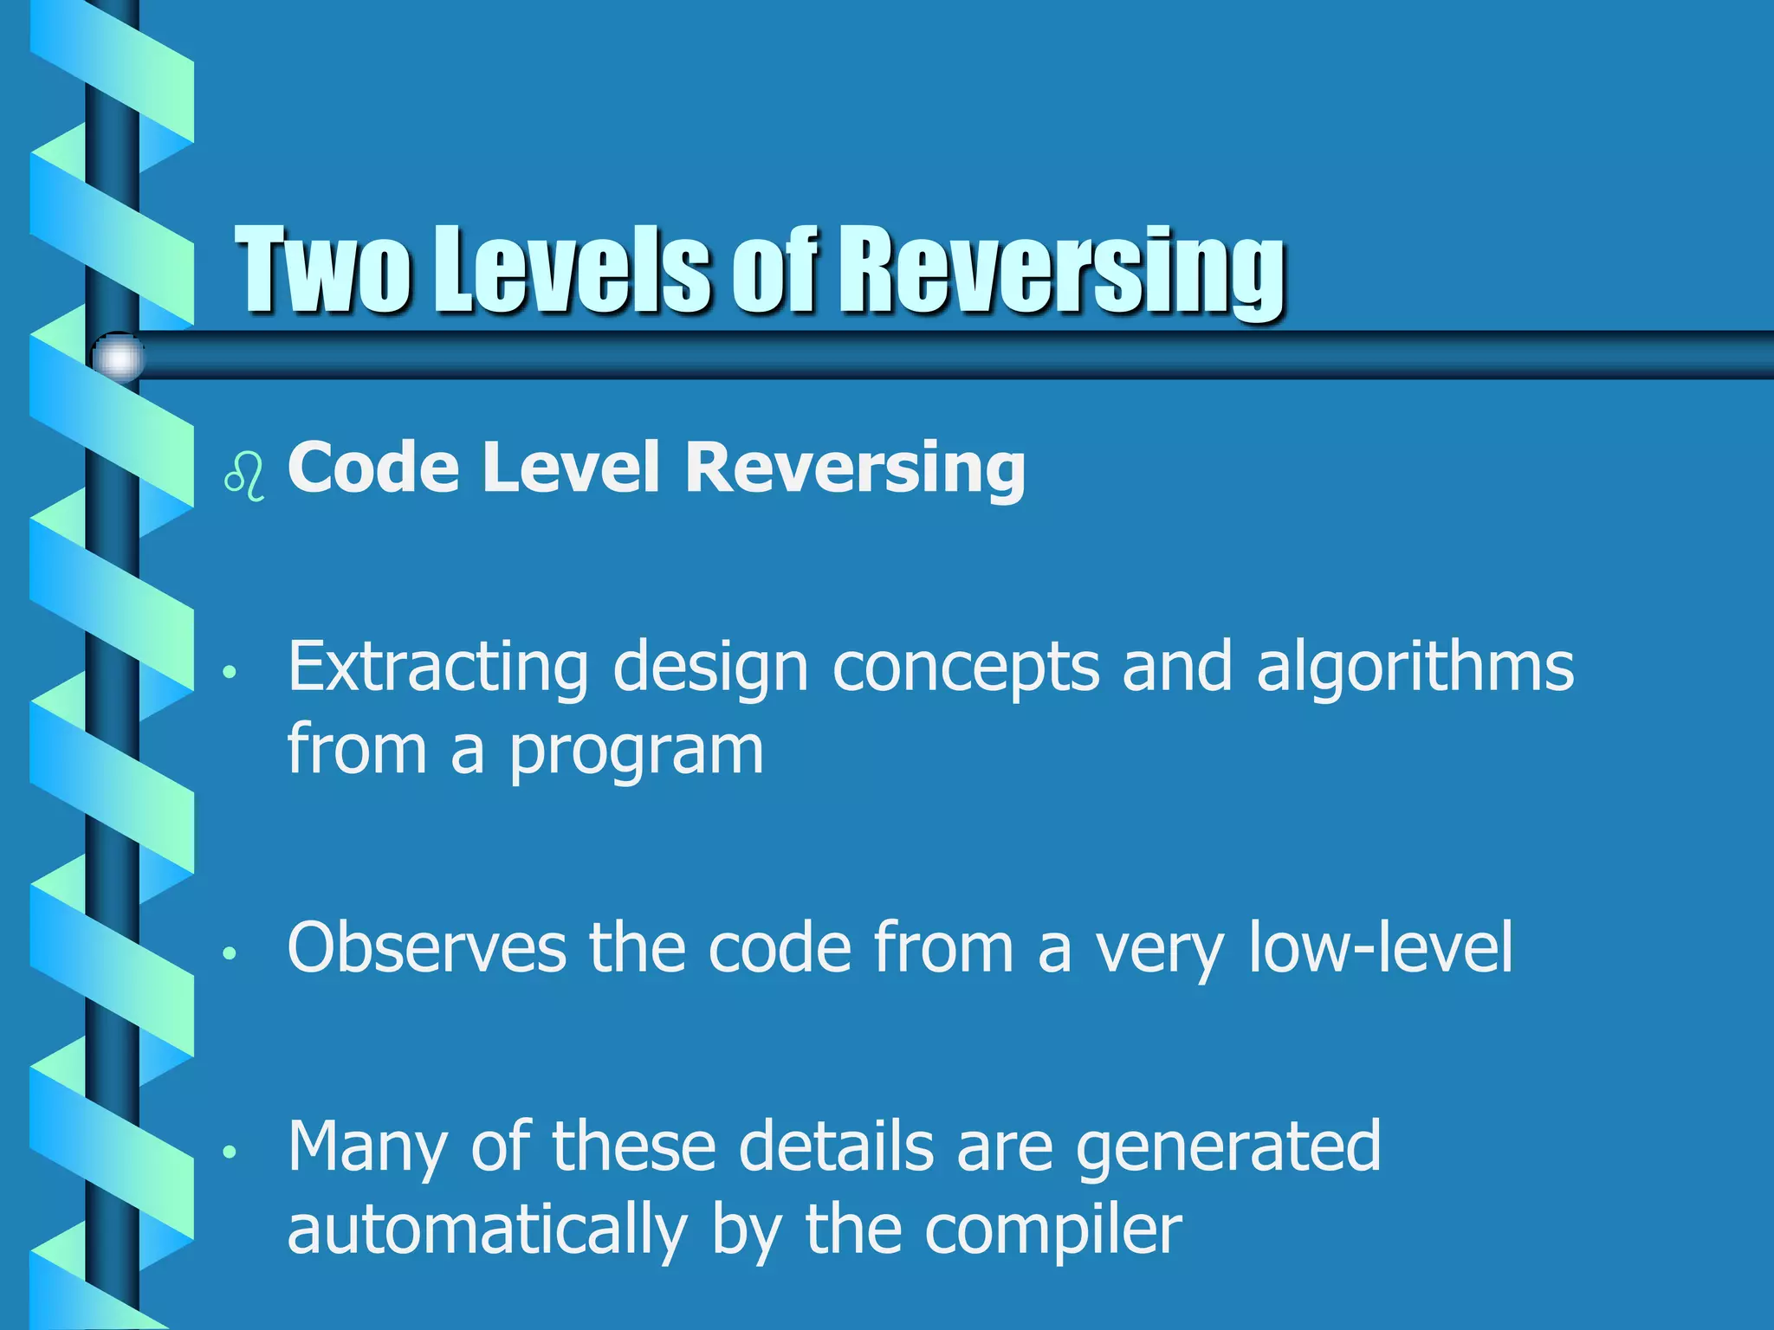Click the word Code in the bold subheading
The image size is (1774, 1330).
[373, 468]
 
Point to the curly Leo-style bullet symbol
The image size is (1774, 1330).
[244, 475]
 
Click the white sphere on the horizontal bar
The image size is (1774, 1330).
[119, 357]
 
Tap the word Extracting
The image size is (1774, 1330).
[437, 668]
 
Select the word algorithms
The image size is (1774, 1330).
[1415, 668]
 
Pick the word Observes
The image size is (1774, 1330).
[426, 948]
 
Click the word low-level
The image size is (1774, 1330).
[1381, 948]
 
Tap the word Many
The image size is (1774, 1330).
[367, 1147]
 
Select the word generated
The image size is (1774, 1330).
[1228, 1147]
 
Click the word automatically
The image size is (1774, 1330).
[487, 1230]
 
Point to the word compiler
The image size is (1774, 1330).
[1052, 1230]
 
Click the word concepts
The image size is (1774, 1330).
[965, 668]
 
